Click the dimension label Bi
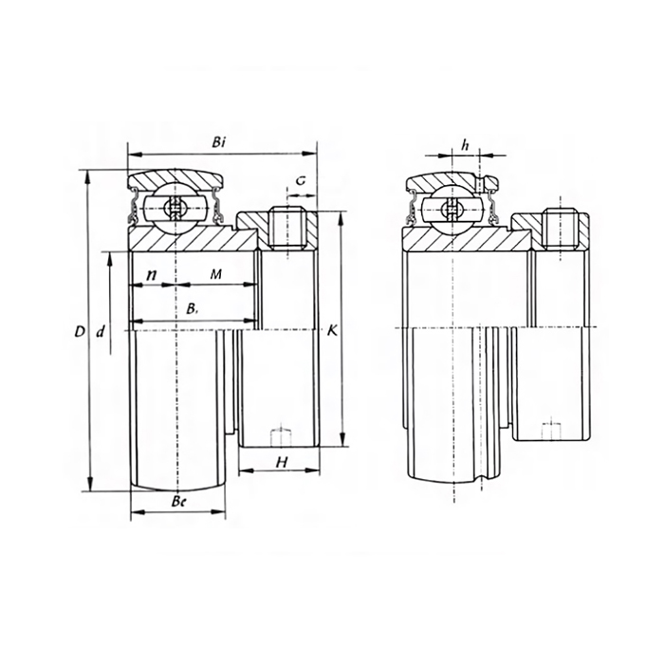pyautogui.click(x=219, y=141)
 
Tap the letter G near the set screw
pyautogui.click(x=300, y=179)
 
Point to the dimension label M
pyautogui.click(x=215, y=274)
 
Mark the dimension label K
pyautogui.click(x=331, y=331)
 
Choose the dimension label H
pyautogui.click(x=280, y=462)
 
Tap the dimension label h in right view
pyautogui.click(x=465, y=143)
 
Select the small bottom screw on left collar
pyautogui.click(x=279, y=435)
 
